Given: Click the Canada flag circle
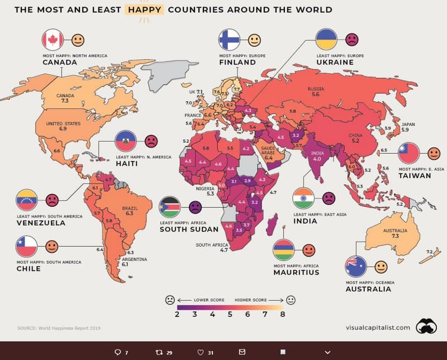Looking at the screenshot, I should click(x=53, y=40).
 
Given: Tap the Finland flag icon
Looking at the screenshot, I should click(x=230, y=40).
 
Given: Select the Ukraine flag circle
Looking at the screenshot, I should click(x=327, y=40).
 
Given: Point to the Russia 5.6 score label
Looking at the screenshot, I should click(x=316, y=92).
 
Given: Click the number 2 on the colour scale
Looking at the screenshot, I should click(x=177, y=315).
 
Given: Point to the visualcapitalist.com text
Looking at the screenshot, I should click(x=377, y=328).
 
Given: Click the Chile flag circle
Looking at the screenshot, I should click(x=26, y=246).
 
